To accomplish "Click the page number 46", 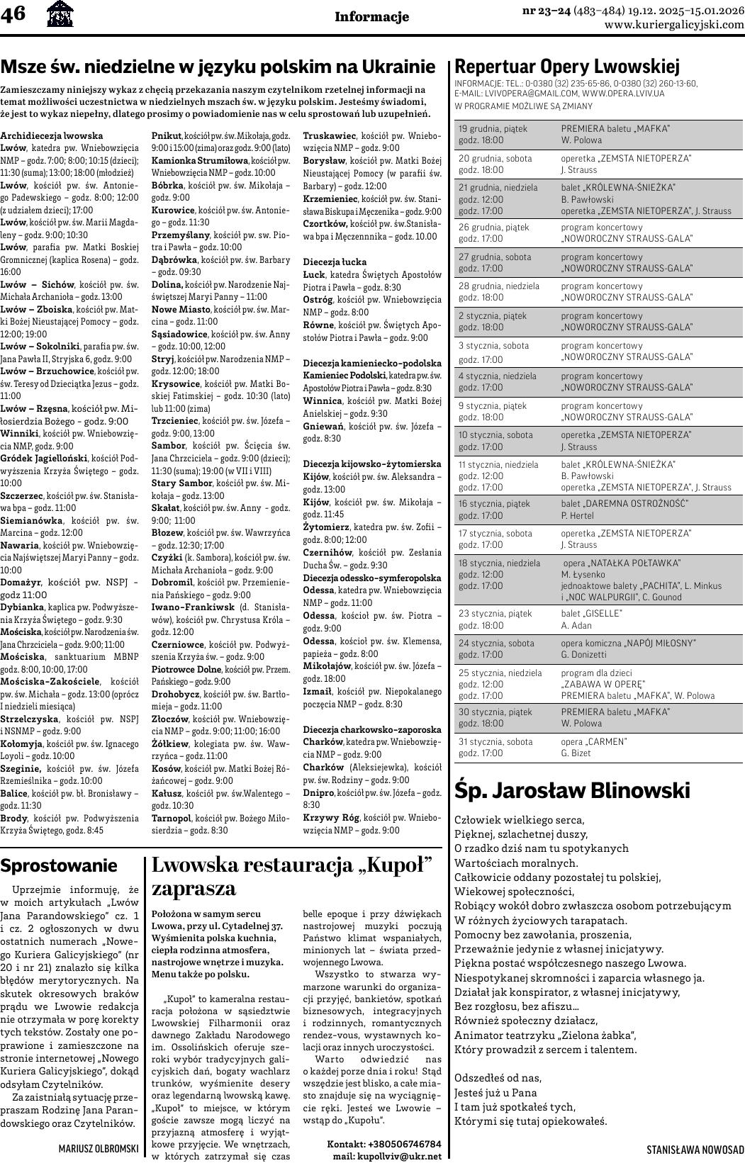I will click(x=13, y=14).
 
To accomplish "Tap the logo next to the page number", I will click(x=59, y=14).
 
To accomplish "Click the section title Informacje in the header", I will click(x=371, y=17).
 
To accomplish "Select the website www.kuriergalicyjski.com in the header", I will click(x=674, y=25).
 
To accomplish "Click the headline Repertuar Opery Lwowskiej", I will click(x=566, y=67).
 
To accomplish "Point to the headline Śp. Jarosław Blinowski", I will click(x=571, y=791).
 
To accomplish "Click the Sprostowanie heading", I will click(x=59, y=865).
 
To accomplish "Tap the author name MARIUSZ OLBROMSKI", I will click(x=99, y=1147).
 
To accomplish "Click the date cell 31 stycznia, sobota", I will click(x=495, y=741).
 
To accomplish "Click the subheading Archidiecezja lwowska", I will click(x=52, y=135).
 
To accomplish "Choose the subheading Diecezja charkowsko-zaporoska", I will click(x=371, y=729).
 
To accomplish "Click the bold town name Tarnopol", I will click(x=172, y=818).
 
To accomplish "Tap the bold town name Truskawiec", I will click(x=330, y=135).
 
